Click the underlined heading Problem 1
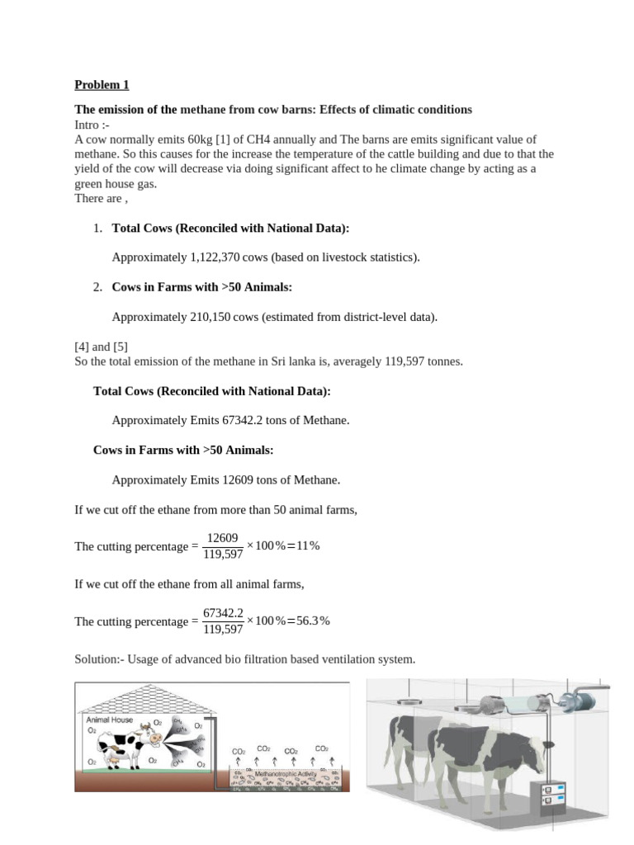102,84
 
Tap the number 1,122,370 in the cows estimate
215,257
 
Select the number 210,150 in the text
213,317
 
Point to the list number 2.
97,287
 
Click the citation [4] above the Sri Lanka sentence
83,347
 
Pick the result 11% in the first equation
307,546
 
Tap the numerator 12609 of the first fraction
223,537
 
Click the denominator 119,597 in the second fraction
223,630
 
